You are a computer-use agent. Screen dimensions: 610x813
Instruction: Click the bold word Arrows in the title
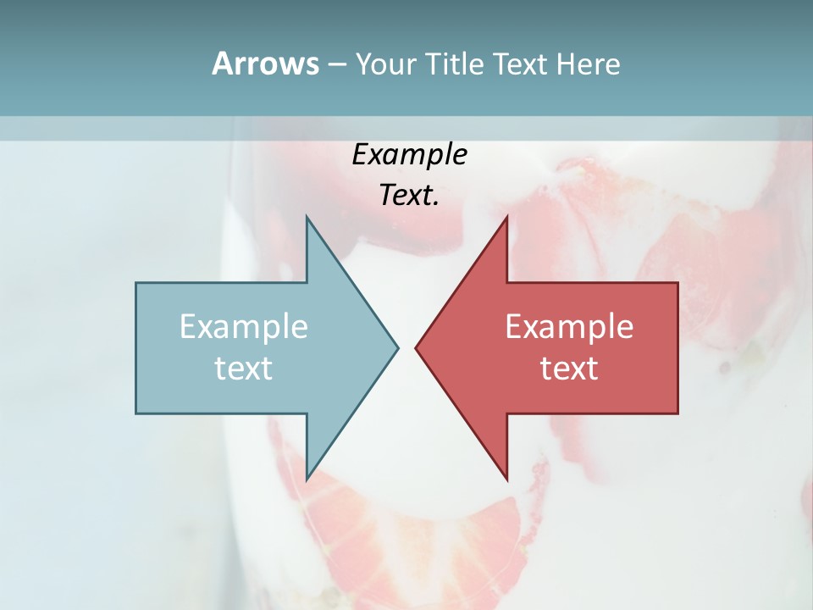(264, 64)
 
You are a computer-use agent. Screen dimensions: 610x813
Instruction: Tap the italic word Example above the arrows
(410, 155)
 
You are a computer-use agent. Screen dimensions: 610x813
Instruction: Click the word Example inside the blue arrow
(244, 326)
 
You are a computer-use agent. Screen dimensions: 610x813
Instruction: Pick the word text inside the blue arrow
(244, 368)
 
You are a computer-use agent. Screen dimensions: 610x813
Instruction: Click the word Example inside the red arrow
(569, 326)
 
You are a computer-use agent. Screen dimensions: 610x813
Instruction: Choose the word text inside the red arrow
(569, 368)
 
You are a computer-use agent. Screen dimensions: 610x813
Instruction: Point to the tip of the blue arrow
(398, 347)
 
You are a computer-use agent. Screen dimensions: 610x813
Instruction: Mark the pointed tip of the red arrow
(416, 347)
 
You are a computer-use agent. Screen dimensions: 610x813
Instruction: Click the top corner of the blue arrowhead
(307, 216)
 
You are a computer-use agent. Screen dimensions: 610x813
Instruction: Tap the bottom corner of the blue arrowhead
(307, 480)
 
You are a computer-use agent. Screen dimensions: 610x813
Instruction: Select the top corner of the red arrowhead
(506, 216)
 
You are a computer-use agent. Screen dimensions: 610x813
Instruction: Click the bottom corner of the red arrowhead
(506, 480)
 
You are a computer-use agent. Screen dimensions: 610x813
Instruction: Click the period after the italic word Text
(436, 203)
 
